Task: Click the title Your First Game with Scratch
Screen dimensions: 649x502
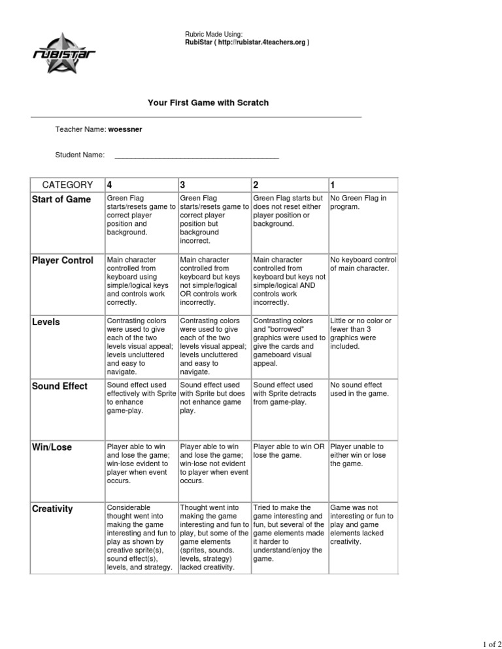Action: [209, 103]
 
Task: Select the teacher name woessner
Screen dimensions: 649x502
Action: [125, 129]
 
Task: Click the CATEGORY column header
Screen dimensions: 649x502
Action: [67, 184]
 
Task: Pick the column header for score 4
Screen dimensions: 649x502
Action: [110, 184]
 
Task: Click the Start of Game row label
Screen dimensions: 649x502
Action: [61, 199]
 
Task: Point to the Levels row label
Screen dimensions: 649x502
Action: [47, 321]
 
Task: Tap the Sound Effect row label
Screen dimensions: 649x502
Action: [59, 386]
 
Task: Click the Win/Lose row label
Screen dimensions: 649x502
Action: [52, 447]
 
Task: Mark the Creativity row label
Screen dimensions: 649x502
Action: [52, 508]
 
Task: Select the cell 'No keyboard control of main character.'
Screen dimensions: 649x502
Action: [363, 263]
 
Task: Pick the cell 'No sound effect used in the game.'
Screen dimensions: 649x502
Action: [360, 389]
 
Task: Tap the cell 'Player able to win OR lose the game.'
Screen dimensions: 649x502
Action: [288, 451]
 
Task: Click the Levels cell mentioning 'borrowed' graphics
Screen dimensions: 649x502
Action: [288, 341]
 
